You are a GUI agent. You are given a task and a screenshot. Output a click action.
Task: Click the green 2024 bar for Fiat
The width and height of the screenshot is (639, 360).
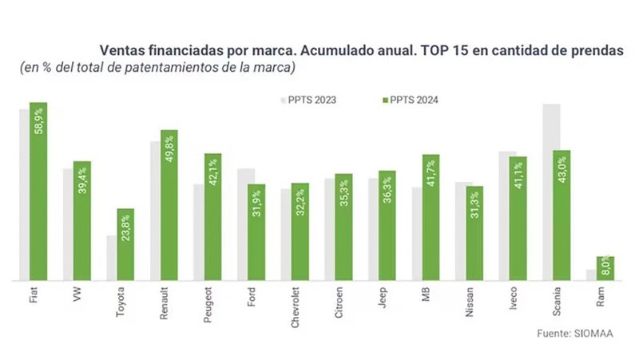tap(38, 192)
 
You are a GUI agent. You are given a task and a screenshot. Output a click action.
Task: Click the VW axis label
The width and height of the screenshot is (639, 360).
tap(77, 295)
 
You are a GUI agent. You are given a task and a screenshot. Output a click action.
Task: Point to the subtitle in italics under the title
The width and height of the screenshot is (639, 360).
tap(158, 67)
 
